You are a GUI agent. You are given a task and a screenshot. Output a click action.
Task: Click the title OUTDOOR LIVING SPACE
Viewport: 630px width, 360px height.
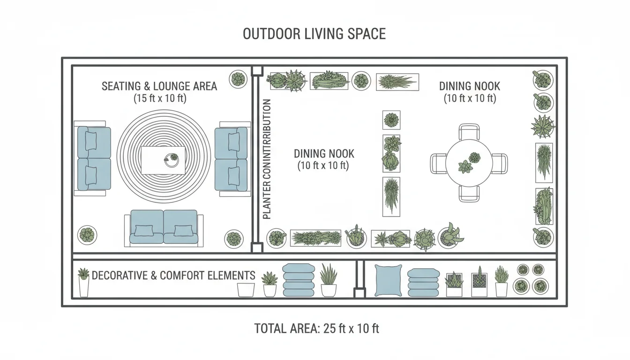(314, 34)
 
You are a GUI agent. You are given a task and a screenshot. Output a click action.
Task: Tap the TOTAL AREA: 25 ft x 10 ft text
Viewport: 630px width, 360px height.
(316, 329)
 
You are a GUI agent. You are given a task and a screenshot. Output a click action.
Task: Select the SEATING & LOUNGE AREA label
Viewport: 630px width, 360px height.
(159, 86)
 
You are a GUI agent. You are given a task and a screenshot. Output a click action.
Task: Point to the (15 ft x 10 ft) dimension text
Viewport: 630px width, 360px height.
(159, 98)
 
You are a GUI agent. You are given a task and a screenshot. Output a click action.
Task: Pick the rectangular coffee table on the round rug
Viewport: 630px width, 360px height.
(163, 160)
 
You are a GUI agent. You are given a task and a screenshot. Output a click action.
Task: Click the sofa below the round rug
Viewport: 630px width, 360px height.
(164, 227)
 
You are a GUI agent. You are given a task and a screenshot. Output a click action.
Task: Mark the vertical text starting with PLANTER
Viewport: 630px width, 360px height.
(267, 159)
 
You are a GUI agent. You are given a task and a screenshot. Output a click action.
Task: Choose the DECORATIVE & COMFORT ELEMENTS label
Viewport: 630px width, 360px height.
(173, 276)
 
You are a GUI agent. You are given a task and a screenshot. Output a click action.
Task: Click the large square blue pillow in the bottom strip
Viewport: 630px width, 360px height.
(388, 280)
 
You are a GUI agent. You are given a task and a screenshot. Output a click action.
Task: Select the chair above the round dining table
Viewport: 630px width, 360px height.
(469, 131)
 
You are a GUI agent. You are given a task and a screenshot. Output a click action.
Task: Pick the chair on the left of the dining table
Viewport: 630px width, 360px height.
(438, 164)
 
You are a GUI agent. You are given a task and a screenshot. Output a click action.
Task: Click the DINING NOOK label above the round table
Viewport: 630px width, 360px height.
(469, 86)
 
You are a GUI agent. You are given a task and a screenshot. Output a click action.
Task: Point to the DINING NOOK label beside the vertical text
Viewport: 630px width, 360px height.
(324, 154)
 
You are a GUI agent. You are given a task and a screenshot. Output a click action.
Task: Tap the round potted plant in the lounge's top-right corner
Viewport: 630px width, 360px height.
(238, 79)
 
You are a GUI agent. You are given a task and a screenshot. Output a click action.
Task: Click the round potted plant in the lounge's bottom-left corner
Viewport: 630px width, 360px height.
(87, 234)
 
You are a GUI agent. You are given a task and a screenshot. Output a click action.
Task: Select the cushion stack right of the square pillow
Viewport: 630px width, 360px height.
(422, 282)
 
